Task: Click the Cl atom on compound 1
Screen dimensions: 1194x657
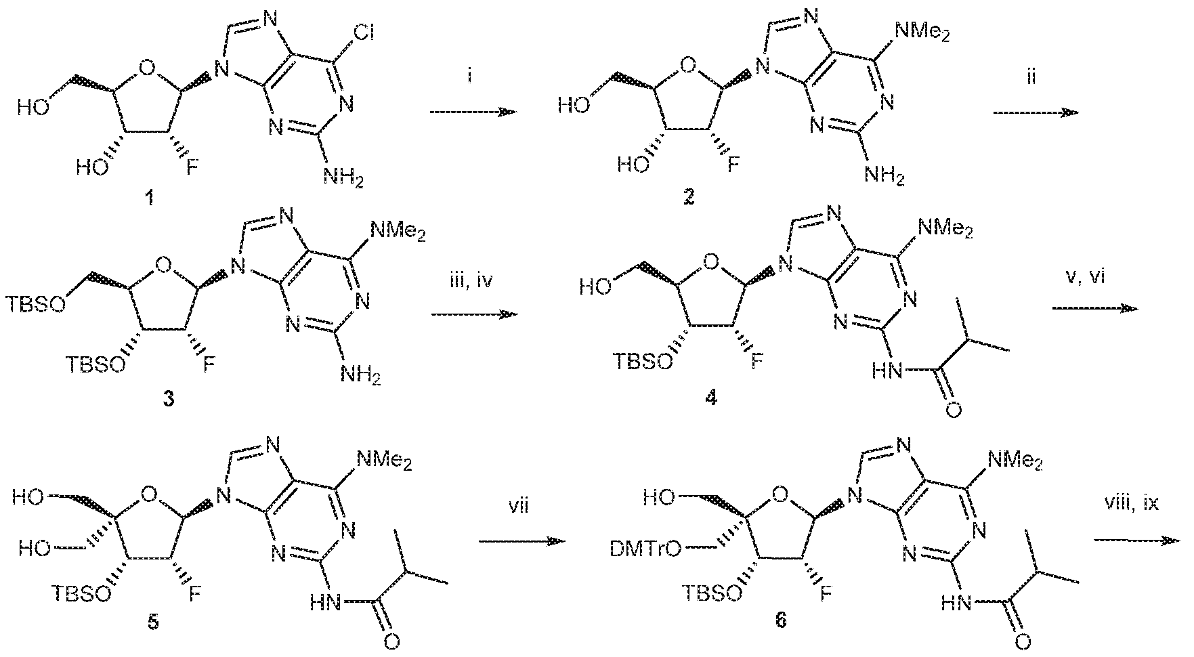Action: (362, 29)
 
